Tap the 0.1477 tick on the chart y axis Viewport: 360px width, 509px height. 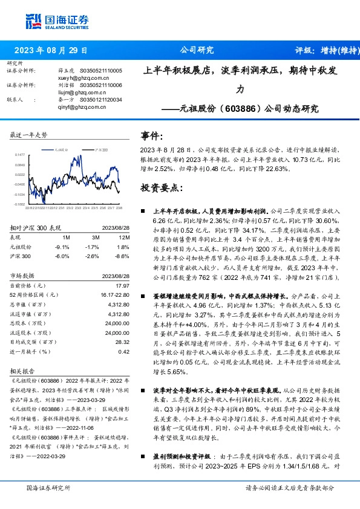[x=20, y=155]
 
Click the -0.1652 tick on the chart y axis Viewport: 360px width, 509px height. [x=20, y=204]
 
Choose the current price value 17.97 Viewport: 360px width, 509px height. [x=123, y=285]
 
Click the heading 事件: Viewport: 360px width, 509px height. [x=151, y=136]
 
